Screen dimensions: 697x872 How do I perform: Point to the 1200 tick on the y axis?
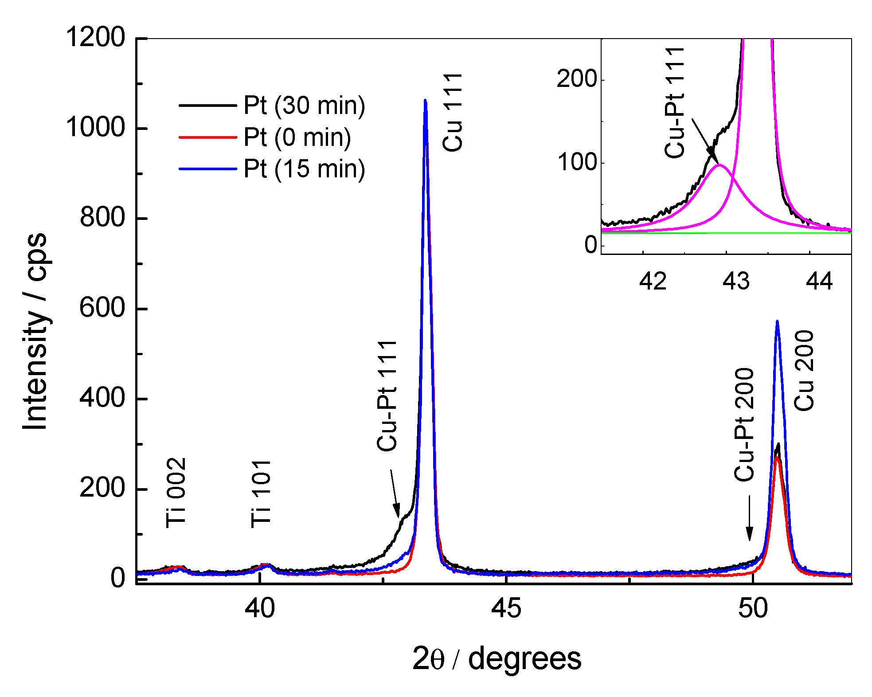tap(95, 37)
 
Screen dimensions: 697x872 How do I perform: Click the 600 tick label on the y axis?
tap(102, 308)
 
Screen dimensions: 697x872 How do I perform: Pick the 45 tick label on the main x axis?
tap(506, 608)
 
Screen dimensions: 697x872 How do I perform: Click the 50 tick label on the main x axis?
tap(752, 608)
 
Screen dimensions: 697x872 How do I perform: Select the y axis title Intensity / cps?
tap(35, 330)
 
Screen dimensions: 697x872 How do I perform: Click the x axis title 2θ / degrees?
tap(497, 659)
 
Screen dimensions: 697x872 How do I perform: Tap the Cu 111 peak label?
tap(453, 113)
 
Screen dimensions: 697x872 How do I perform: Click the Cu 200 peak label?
tap(804, 371)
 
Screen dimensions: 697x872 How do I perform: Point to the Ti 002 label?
tap(176, 493)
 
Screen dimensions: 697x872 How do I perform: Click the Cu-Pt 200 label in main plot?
tap(744, 425)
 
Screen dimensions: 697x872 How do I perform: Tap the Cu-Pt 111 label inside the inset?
tap(675, 102)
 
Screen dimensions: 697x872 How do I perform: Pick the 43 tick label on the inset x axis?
tap(736, 281)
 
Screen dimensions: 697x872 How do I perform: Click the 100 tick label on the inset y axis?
tap(577, 163)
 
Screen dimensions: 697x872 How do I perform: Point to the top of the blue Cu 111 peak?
tap(425, 101)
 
